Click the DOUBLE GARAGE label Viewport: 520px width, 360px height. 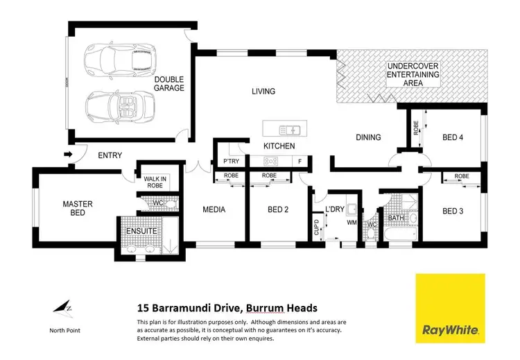coord(169,85)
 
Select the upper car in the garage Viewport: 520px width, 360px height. coord(115,59)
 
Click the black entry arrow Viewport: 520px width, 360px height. coord(67,154)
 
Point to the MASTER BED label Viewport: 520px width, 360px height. coord(77,208)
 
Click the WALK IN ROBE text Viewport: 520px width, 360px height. coord(155,182)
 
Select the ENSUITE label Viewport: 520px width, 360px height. coord(141,230)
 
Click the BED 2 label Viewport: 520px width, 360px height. coord(277,209)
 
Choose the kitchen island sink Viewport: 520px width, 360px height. coord(288,130)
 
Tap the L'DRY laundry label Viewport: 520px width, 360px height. coord(335,209)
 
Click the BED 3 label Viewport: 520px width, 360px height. coord(452,211)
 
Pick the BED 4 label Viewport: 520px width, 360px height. coord(452,137)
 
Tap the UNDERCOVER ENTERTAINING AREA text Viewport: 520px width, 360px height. coord(413,74)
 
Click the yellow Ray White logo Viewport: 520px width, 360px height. coord(450,307)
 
